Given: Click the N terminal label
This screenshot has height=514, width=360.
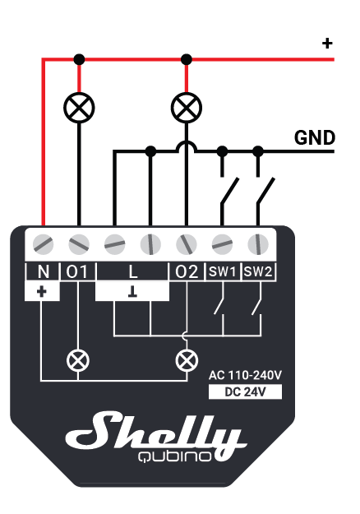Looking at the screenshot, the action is [x=44, y=271].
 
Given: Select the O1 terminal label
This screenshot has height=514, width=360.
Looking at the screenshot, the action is [x=77, y=271].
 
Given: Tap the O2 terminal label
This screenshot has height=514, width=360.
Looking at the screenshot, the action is [x=187, y=271].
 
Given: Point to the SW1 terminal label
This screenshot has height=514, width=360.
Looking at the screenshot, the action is [x=223, y=271].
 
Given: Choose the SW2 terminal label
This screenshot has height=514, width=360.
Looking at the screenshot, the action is [x=258, y=271].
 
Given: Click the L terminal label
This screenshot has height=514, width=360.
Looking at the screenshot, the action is [x=132, y=271].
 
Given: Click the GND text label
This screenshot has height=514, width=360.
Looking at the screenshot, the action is [x=315, y=137].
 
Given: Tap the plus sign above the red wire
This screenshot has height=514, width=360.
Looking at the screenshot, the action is [x=327, y=44].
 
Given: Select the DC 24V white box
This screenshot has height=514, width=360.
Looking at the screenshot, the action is [x=245, y=391].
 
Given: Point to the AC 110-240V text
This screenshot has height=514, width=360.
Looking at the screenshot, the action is [x=245, y=375].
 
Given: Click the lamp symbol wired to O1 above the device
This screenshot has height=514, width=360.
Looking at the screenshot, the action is [x=79, y=108].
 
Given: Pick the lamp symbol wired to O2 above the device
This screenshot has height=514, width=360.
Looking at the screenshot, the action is [x=187, y=108].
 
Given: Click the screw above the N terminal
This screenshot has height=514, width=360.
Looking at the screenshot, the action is [x=44, y=244].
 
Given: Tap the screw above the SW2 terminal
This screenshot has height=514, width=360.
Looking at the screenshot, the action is [x=258, y=244].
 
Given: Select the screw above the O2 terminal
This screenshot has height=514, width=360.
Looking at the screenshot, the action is [x=187, y=244].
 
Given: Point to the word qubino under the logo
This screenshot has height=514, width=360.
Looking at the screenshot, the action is [x=174, y=456].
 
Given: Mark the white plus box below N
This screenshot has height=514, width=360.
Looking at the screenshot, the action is [x=42, y=291].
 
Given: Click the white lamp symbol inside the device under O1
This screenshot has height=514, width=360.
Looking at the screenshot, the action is [x=77, y=360].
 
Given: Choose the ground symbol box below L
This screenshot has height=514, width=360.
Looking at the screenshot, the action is [x=132, y=291].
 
